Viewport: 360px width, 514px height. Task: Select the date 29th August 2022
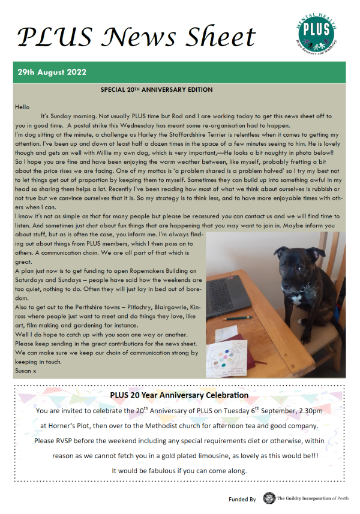[x=52, y=72]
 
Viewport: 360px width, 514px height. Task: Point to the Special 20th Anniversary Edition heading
[x=157, y=90]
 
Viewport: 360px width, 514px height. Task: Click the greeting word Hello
[x=22, y=107]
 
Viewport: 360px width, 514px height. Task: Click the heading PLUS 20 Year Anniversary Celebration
[x=179, y=395]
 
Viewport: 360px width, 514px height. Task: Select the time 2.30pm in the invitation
[x=307, y=411]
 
